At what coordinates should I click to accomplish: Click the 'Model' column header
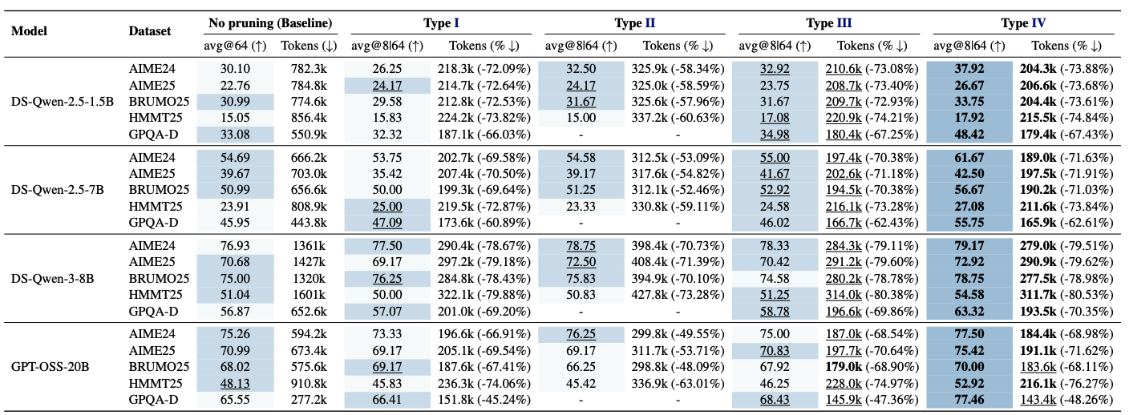[x=30, y=31]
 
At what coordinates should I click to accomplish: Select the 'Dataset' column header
[x=150, y=31]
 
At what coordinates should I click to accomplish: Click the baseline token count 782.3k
[x=303, y=69]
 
